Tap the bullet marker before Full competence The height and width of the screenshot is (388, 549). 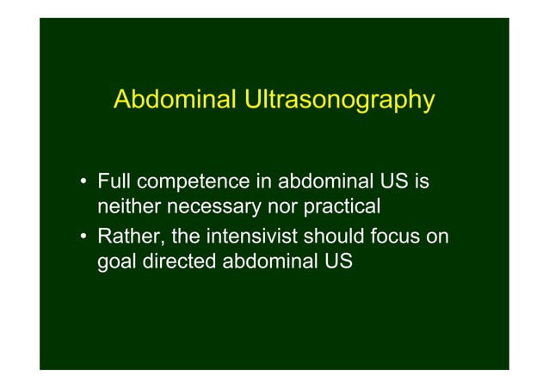pos(84,183)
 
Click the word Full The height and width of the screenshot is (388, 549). pos(114,182)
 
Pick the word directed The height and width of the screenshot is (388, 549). pos(181,261)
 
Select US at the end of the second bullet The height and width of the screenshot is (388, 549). pos(339,261)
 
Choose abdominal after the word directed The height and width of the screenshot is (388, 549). pos(270,261)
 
